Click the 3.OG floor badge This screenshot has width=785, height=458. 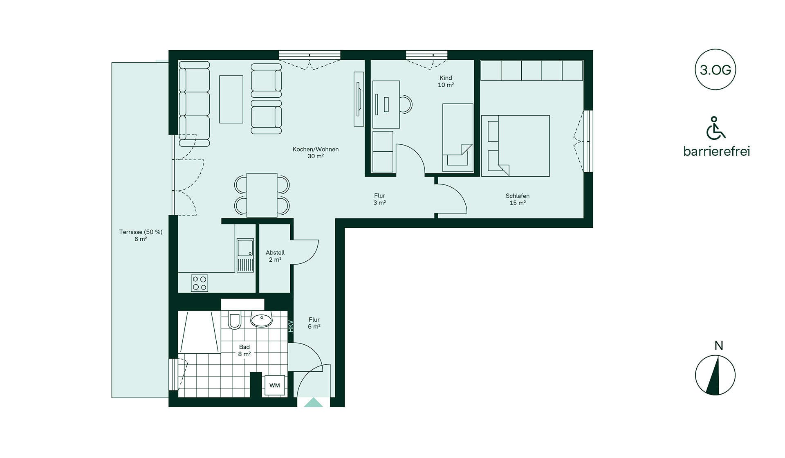[x=715, y=70]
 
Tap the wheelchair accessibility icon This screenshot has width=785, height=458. [x=715, y=128]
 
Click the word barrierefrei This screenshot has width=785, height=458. [x=716, y=151]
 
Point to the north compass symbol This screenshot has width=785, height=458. [x=715, y=375]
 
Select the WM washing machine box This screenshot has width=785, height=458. [x=275, y=385]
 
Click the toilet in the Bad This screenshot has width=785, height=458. [x=235, y=320]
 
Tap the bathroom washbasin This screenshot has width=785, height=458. [x=261, y=319]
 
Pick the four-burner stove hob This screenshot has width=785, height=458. [x=200, y=283]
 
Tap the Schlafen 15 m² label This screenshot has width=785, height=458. [x=518, y=199]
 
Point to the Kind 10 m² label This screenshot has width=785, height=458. [x=446, y=81]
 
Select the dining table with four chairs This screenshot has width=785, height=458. [x=262, y=195]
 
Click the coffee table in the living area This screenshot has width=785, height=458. [x=231, y=99]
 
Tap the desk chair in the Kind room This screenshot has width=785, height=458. [x=406, y=104]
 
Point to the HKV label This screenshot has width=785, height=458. [x=291, y=326]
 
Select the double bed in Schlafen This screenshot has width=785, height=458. [x=516, y=146]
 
